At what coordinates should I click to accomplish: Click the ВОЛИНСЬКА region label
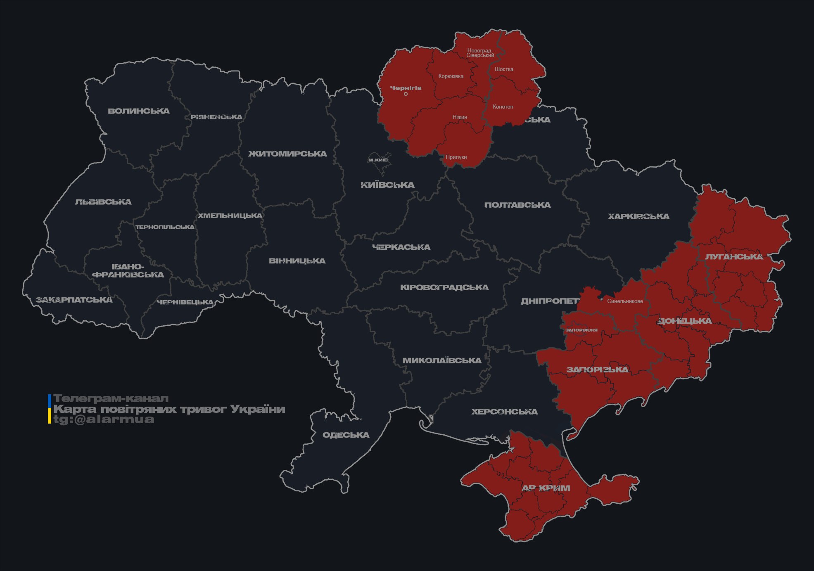click(139, 111)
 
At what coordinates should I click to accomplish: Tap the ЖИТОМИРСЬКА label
click(287, 154)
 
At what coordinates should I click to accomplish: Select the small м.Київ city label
click(378, 160)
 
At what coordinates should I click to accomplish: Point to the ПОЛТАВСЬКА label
click(517, 205)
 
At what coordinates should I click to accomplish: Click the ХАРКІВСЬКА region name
click(638, 217)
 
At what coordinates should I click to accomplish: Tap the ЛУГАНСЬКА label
click(734, 257)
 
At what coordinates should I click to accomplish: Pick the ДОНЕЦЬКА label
click(684, 321)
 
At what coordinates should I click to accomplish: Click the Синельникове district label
click(625, 301)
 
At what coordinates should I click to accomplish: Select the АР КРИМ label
click(546, 488)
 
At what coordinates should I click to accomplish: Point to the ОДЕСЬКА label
click(346, 435)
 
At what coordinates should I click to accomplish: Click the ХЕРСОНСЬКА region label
click(504, 412)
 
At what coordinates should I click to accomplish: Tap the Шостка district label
click(504, 69)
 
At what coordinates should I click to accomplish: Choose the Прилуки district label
click(456, 157)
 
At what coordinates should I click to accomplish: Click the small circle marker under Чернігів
click(406, 94)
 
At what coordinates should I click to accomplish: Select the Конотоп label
click(503, 107)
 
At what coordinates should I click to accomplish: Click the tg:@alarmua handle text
click(104, 419)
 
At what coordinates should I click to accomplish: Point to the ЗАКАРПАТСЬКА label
click(74, 300)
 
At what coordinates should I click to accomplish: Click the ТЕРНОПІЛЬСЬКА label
click(165, 227)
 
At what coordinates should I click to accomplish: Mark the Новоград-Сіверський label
click(480, 53)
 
